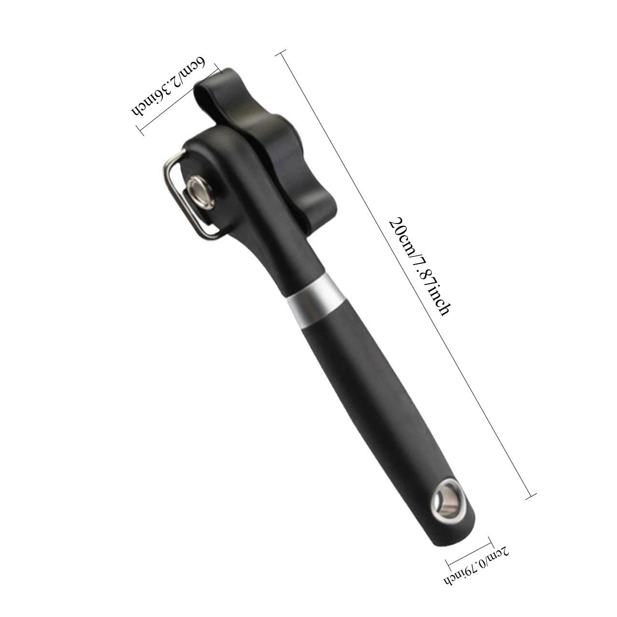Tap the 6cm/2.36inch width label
point(167,86)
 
